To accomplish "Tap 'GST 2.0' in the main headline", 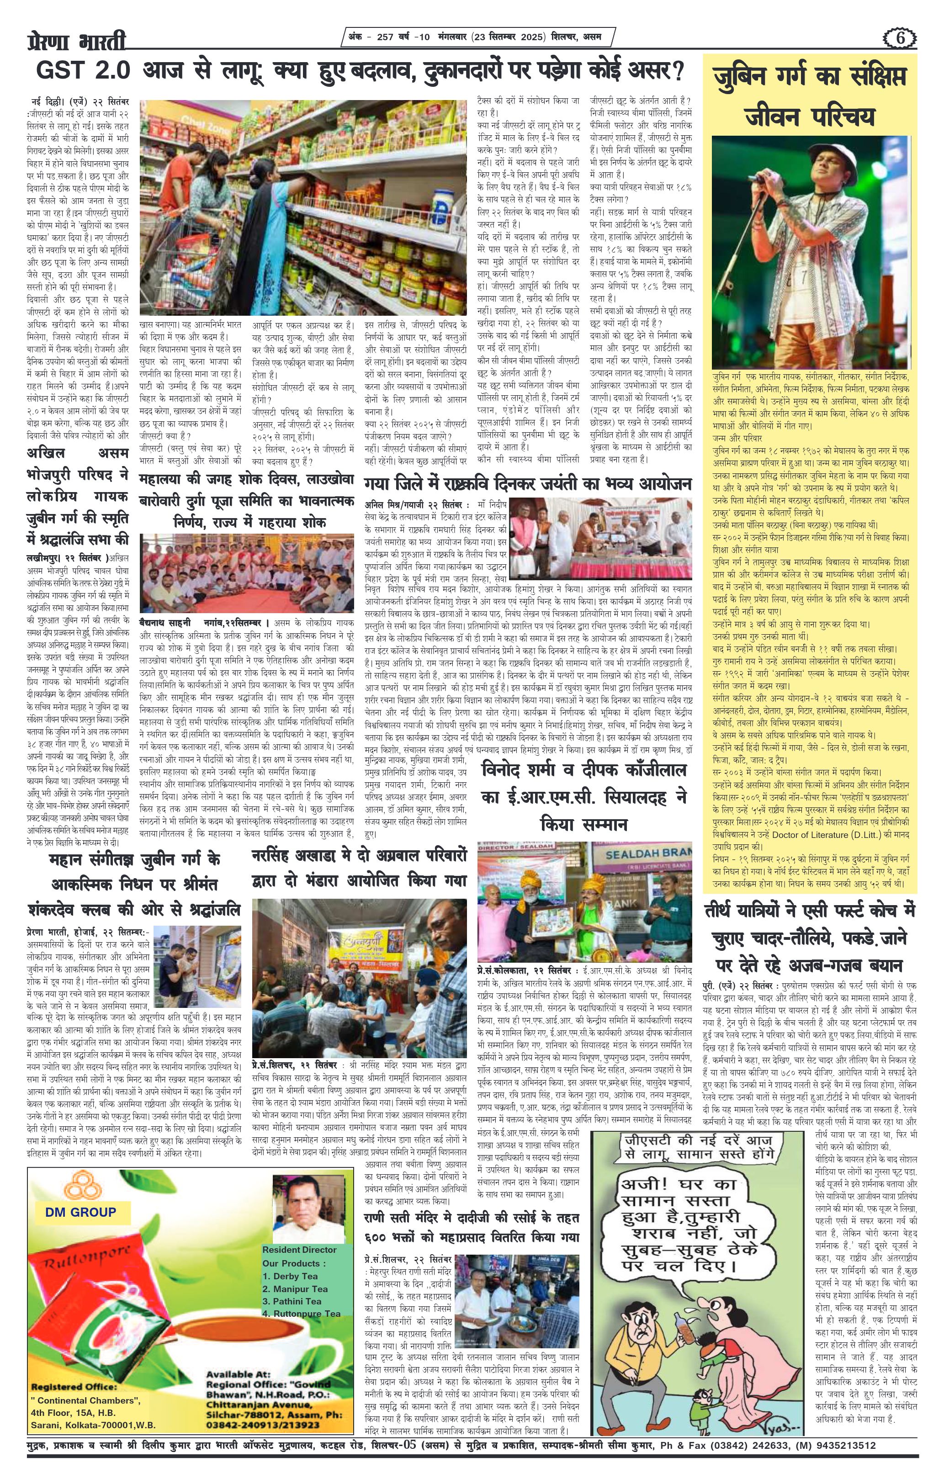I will tap(83, 71).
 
